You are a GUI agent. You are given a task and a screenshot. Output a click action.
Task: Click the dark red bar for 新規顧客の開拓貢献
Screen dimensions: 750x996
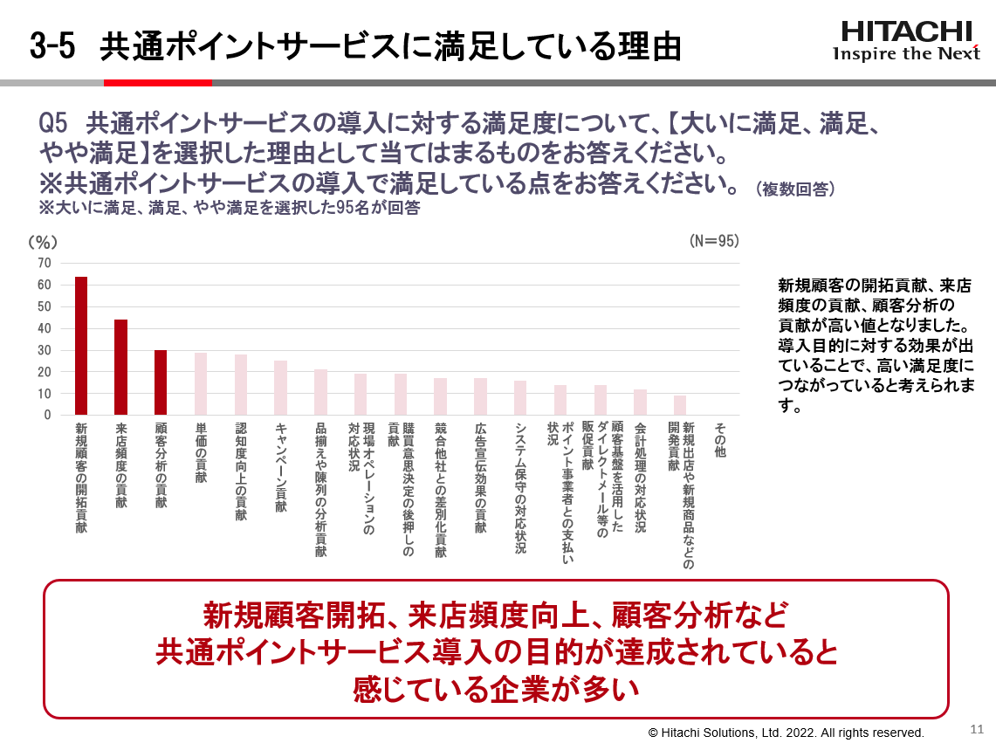coord(81,346)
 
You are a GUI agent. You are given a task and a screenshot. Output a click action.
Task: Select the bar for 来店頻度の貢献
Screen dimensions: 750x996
coord(121,368)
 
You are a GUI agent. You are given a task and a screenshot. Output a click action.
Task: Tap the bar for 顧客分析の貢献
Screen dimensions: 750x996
coord(161,382)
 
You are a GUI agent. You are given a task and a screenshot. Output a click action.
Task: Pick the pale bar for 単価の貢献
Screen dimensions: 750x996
coord(201,384)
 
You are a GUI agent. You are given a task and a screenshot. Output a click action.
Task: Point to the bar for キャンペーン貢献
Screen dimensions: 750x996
coord(280,388)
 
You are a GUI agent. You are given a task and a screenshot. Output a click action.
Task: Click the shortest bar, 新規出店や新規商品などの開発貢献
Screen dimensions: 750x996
coord(680,405)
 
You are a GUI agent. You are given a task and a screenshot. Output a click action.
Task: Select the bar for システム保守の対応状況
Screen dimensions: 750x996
coord(520,398)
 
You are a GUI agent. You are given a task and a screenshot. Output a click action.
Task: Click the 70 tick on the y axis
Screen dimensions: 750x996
coord(45,263)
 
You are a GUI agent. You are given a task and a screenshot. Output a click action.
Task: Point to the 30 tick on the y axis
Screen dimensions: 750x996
coord(45,350)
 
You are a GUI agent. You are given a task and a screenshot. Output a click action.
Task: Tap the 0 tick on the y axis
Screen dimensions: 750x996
coord(48,416)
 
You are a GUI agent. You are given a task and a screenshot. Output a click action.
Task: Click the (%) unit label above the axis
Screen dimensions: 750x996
coord(43,241)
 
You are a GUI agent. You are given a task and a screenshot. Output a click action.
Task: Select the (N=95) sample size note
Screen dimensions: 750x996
coord(713,241)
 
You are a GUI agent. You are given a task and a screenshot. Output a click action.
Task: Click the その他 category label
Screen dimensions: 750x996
coord(720,441)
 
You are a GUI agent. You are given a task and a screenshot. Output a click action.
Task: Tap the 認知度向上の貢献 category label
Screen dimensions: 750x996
coord(241,471)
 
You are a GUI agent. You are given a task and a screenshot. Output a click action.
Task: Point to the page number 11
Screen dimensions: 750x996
coord(977,728)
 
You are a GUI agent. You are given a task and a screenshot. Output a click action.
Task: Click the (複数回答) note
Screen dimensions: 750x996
coord(795,189)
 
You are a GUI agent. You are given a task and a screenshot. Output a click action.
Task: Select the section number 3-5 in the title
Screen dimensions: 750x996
coord(52,46)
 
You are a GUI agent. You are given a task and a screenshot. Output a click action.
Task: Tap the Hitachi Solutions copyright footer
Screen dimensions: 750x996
coord(786,733)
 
